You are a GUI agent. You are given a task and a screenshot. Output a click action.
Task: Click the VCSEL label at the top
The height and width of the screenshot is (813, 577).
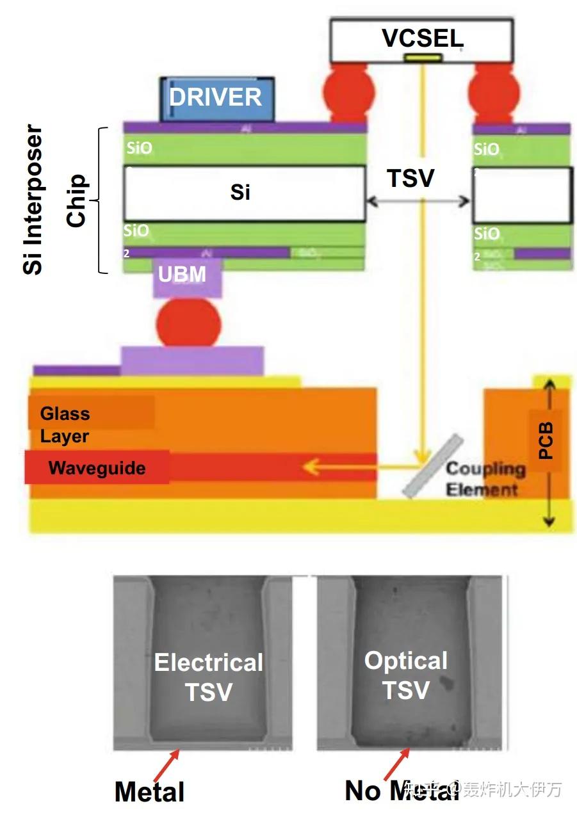(422, 38)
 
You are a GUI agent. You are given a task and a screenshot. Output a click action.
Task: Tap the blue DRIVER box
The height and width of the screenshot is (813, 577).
(216, 98)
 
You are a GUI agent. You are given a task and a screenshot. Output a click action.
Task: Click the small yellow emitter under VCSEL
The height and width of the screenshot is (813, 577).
(423, 58)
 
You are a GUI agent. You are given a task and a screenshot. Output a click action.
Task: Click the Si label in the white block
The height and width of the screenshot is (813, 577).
(240, 192)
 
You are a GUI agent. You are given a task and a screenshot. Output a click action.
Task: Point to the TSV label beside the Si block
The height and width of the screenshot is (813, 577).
(410, 179)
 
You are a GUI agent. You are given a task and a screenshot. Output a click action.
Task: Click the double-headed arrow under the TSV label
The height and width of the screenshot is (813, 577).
(419, 202)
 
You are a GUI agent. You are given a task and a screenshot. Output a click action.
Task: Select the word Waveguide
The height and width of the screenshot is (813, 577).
(97, 468)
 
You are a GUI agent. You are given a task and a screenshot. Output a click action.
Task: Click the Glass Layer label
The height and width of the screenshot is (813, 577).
(65, 425)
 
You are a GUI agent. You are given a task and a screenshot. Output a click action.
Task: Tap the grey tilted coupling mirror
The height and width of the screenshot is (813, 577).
(432, 466)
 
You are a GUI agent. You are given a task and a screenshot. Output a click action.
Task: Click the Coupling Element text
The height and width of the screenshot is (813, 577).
(485, 479)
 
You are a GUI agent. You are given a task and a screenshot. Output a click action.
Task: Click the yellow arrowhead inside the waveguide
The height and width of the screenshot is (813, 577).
(312, 467)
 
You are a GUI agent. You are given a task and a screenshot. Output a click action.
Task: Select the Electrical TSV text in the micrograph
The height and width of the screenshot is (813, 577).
(209, 677)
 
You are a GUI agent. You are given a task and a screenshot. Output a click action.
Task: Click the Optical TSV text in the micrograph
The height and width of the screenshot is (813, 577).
(406, 675)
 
